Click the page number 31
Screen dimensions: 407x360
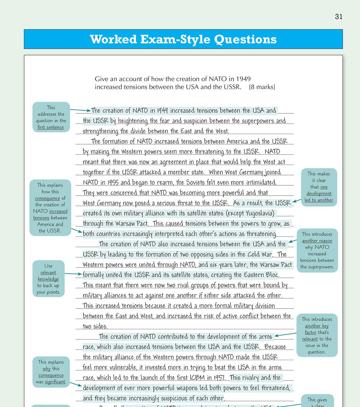pyautogui.click(x=338, y=17)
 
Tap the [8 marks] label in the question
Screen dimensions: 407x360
pyautogui.click(x=262, y=87)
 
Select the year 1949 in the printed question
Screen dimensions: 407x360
pyautogui.click(x=243, y=79)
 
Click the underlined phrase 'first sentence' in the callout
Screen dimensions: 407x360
pyautogui.click(x=51, y=127)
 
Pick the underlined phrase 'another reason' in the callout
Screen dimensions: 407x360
pyautogui.click(x=317, y=241)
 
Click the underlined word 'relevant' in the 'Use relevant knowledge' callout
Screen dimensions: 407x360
pyautogui.click(x=48, y=272)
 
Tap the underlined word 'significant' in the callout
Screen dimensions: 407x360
pyautogui.click(x=55, y=382)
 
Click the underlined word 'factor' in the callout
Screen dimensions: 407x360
pyautogui.click(x=310, y=332)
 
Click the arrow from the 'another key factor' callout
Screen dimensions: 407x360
pyautogui.click(x=285, y=334)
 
